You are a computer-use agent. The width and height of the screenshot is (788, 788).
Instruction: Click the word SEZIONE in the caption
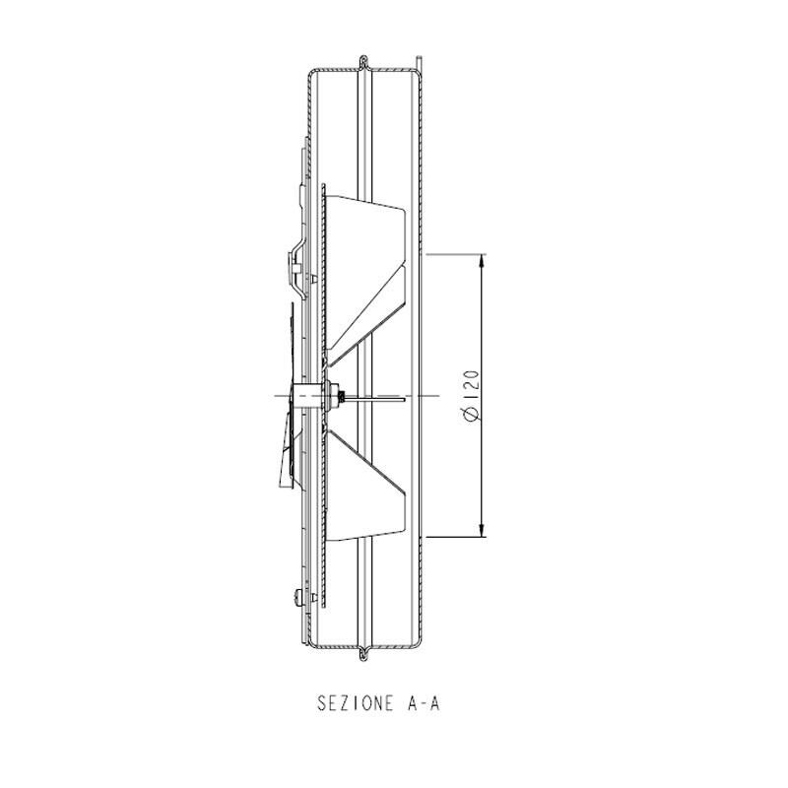click(355, 703)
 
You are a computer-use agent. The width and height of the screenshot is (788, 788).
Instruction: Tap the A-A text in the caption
click(422, 703)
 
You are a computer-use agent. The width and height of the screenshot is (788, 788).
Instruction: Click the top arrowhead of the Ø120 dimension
click(482, 261)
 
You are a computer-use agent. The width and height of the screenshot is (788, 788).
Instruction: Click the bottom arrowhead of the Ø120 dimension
click(482, 530)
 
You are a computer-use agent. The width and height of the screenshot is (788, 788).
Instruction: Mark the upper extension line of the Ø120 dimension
click(456, 254)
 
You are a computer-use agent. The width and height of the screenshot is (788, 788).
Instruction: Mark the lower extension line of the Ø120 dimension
click(456, 537)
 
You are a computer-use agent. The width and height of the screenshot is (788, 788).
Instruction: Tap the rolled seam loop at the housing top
click(364, 62)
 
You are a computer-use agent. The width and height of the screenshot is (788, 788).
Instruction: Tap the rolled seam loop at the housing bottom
click(364, 653)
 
